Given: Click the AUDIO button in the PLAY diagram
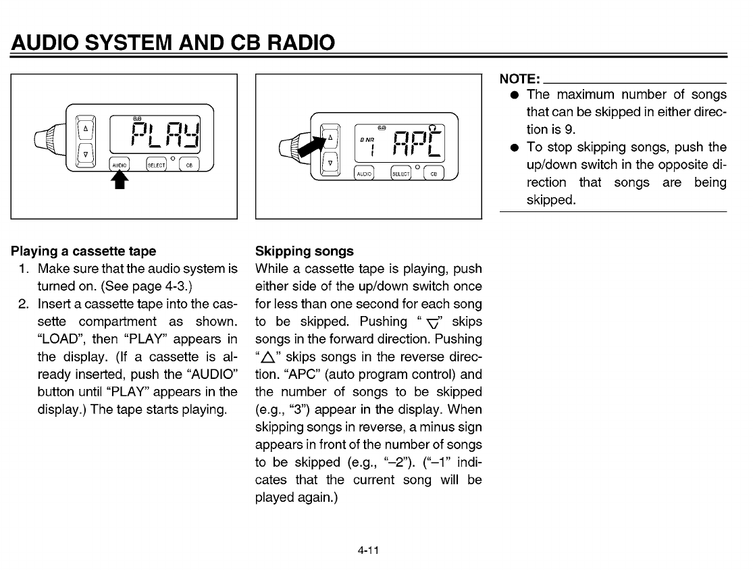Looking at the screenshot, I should tap(119, 165).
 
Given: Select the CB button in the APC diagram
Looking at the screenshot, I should tap(434, 173).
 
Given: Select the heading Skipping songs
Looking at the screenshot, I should tap(304, 251).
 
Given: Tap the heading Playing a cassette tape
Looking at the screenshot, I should tap(84, 251).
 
